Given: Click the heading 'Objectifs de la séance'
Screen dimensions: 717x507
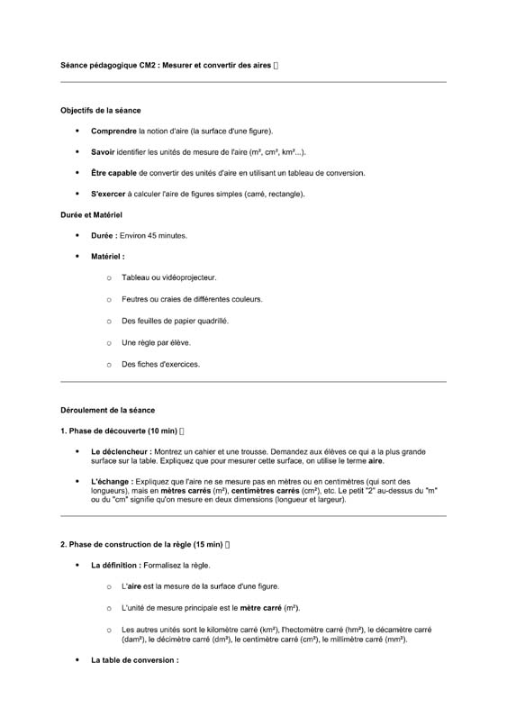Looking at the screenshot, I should click(100, 110).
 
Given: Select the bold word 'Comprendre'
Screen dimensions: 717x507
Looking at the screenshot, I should click(113, 132).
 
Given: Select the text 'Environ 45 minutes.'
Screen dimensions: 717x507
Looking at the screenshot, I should click(153, 235).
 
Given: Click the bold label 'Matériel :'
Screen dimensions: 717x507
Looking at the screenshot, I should click(108, 256).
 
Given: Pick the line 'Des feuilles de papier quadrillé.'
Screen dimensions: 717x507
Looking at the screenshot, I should click(175, 321).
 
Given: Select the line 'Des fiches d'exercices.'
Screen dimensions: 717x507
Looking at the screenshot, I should click(160, 364).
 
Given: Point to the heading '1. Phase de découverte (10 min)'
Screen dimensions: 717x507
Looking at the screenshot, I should click(118, 431).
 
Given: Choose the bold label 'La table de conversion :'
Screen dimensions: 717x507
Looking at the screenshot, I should click(135, 660).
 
